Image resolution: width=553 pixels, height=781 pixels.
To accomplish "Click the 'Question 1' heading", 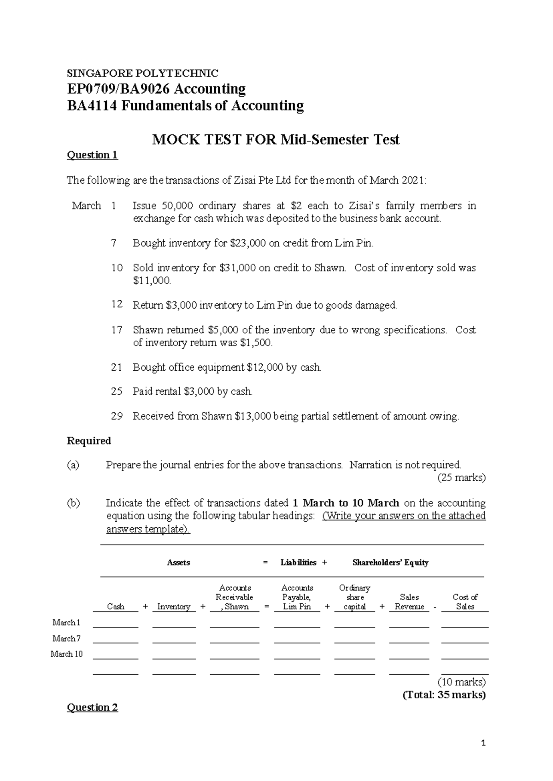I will (x=92, y=155).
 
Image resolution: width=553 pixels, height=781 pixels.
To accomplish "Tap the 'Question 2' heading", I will (x=92, y=707).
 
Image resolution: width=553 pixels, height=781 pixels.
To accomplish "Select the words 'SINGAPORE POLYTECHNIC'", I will (x=142, y=73).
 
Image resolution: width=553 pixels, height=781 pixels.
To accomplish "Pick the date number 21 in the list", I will (x=117, y=367).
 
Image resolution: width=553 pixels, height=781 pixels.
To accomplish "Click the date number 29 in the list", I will (x=117, y=416).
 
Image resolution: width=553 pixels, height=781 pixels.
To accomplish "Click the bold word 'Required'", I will (x=89, y=441).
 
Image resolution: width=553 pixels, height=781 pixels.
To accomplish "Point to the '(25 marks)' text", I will (x=461, y=478).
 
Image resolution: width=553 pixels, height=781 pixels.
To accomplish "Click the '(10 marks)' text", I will (x=461, y=682).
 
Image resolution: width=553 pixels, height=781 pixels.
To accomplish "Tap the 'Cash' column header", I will (x=116, y=606).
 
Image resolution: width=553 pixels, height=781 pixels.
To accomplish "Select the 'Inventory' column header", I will (x=174, y=606).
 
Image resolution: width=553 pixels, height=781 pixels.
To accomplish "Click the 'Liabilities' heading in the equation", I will (x=298, y=562).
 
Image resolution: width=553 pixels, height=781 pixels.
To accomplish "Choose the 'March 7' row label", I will (x=66, y=638).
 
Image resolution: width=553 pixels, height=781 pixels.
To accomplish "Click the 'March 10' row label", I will (x=66, y=654).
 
